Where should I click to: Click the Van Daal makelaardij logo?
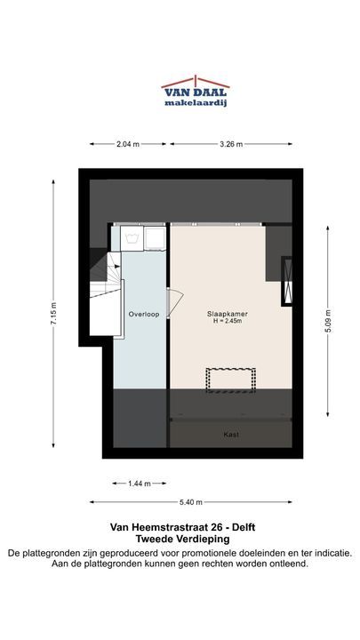(x=195, y=91)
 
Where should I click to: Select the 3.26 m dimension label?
(x=231, y=144)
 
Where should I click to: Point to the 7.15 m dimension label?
(x=53, y=314)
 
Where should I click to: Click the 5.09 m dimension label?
(x=328, y=321)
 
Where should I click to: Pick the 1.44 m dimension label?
(x=140, y=484)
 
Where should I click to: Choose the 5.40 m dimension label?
(x=191, y=502)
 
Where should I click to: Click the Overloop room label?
(x=144, y=315)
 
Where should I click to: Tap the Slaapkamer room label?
(x=228, y=314)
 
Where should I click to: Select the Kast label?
(x=231, y=435)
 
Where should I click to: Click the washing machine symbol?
(x=132, y=238)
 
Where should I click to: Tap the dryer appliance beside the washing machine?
(x=156, y=238)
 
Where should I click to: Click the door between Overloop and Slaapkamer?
(x=175, y=302)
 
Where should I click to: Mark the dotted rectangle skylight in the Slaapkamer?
(x=230, y=380)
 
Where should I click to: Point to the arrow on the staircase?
(x=117, y=266)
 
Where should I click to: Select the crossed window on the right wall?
(x=288, y=281)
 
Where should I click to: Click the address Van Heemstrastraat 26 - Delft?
(x=182, y=527)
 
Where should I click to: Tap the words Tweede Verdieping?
(x=182, y=539)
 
